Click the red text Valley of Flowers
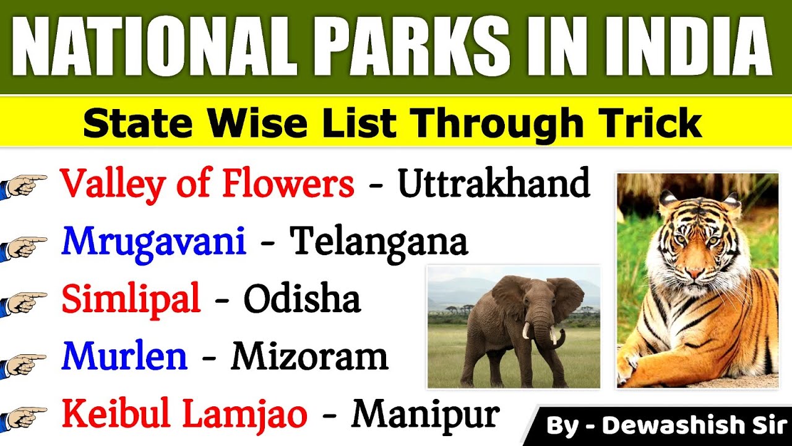(207, 183)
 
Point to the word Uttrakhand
(493, 183)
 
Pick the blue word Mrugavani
(153, 242)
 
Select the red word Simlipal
(131, 299)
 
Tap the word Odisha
(301, 299)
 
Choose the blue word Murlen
(124, 356)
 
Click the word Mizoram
(309, 356)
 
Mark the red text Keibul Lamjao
(184, 414)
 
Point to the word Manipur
(425, 414)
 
